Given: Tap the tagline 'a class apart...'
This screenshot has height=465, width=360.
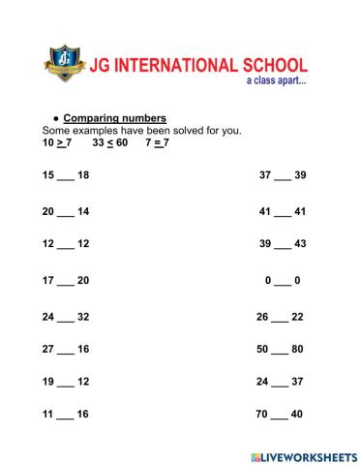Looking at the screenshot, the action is click(276, 83).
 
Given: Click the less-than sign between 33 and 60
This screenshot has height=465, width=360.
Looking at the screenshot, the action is click(111, 142).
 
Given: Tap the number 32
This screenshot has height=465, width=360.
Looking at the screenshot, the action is click(83, 317).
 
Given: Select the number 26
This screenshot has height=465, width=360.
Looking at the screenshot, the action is click(263, 317).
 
